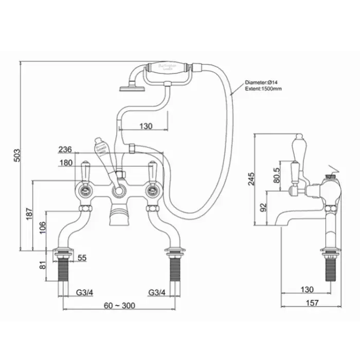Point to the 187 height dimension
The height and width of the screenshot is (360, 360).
(x=29, y=213)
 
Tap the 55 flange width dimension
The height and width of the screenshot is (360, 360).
(x=82, y=258)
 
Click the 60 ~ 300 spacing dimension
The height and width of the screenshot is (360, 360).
(x=119, y=305)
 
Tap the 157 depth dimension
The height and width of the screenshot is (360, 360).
(x=311, y=302)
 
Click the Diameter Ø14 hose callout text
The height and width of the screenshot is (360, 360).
(x=264, y=82)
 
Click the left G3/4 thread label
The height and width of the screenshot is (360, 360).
(x=85, y=292)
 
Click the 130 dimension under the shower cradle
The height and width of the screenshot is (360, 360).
(x=146, y=126)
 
